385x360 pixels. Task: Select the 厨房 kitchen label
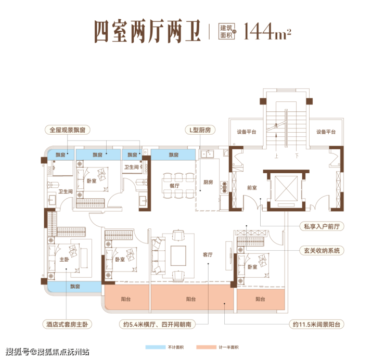(208, 183)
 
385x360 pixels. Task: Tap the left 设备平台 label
(247, 132)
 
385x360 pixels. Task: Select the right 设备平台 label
(326, 132)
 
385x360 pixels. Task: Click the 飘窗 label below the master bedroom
(75, 287)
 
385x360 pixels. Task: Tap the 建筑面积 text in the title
(226, 31)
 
